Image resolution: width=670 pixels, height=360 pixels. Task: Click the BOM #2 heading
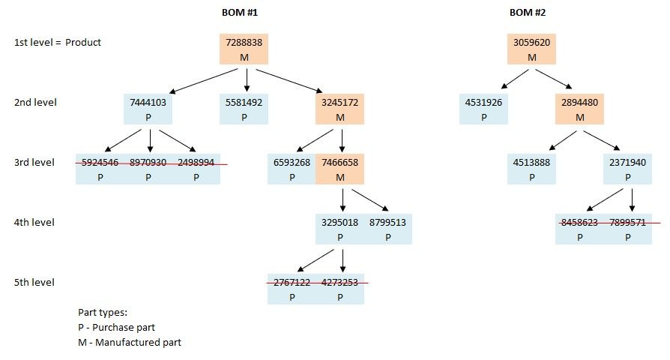pyautogui.click(x=531, y=13)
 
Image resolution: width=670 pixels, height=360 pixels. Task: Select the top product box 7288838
pyautogui.click(x=244, y=49)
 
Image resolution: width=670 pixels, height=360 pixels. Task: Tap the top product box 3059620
pyautogui.click(x=531, y=49)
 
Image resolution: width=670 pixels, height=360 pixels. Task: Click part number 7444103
pyautogui.click(x=148, y=103)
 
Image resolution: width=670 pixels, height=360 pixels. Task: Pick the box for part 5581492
pyautogui.click(x=244, y=109)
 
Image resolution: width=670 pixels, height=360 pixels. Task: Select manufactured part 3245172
pyautogui.click(x=339, y=109)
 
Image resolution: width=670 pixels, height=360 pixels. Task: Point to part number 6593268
pyautogui.click(x=292, y=163)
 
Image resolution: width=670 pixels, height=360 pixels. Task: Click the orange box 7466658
pyautogui.click(x=339, y=169)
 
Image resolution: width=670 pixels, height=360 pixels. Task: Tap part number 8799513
pyautogui.click(x=387, y=223)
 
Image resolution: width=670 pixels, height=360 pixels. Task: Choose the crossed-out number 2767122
pyautogui.click(x=292, y=283)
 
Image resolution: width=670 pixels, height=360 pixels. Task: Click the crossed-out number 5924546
pyautogui.click(x=100, y=163)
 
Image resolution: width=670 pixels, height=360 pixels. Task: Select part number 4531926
pyautogui.click(x=483, y=103)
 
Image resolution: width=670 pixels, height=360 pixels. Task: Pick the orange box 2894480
pyautogui.click(x=579, y=109)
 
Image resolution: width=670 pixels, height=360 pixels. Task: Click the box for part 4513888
pyautogui.click(x=531, y=169)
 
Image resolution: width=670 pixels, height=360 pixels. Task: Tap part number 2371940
pyautogui.click(x=627, y=163)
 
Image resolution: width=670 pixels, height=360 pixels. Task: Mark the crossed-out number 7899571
pyautogui.click(x=627, y=223)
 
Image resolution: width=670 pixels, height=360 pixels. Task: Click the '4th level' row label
pyautogui.click(x=34, y=223)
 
